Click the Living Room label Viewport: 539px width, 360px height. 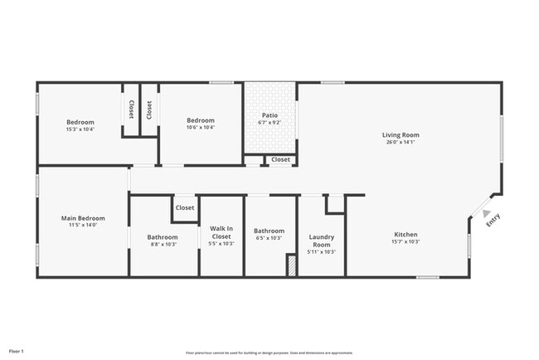pyautogui.click(x=401, y=135)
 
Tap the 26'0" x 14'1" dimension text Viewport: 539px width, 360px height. pyautogui.click(x=401, y=143)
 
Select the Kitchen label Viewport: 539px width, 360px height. pyautogui.click(x=405, y=235)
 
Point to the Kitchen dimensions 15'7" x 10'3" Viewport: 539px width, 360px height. pyautogui.click(x=405, y=242)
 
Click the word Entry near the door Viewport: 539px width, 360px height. pyautogui.click(x=493, y=221)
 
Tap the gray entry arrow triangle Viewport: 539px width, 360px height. pyautogui.click(x=486, y=213)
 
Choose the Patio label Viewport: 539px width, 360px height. pyautogui.click(x=269, y=115)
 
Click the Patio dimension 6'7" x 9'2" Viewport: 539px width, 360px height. pyautogui.click(x=269, y=123)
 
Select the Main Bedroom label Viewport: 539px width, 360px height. pyautogui.click(x=83, y=218)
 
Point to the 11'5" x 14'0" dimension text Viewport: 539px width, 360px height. pyautogui.click(x=83, y=226)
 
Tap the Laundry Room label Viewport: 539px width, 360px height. pyautogui.click(x=321, y=241)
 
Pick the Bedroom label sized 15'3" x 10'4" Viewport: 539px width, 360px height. pyautogui.click(x=80, y=122)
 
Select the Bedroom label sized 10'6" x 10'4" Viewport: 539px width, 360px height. pyautogui.click(x=200, y=121)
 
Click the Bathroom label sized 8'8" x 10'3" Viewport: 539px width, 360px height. pyautogui.click(x=163, y=237)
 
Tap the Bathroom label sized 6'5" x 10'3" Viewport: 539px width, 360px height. pyautogui.click(x=269, y=231)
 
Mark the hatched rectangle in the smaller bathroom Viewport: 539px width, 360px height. pyautogui.click(x=291, y=265)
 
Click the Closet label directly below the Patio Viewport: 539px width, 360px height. pyautogui.click(x=280, y=159)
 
